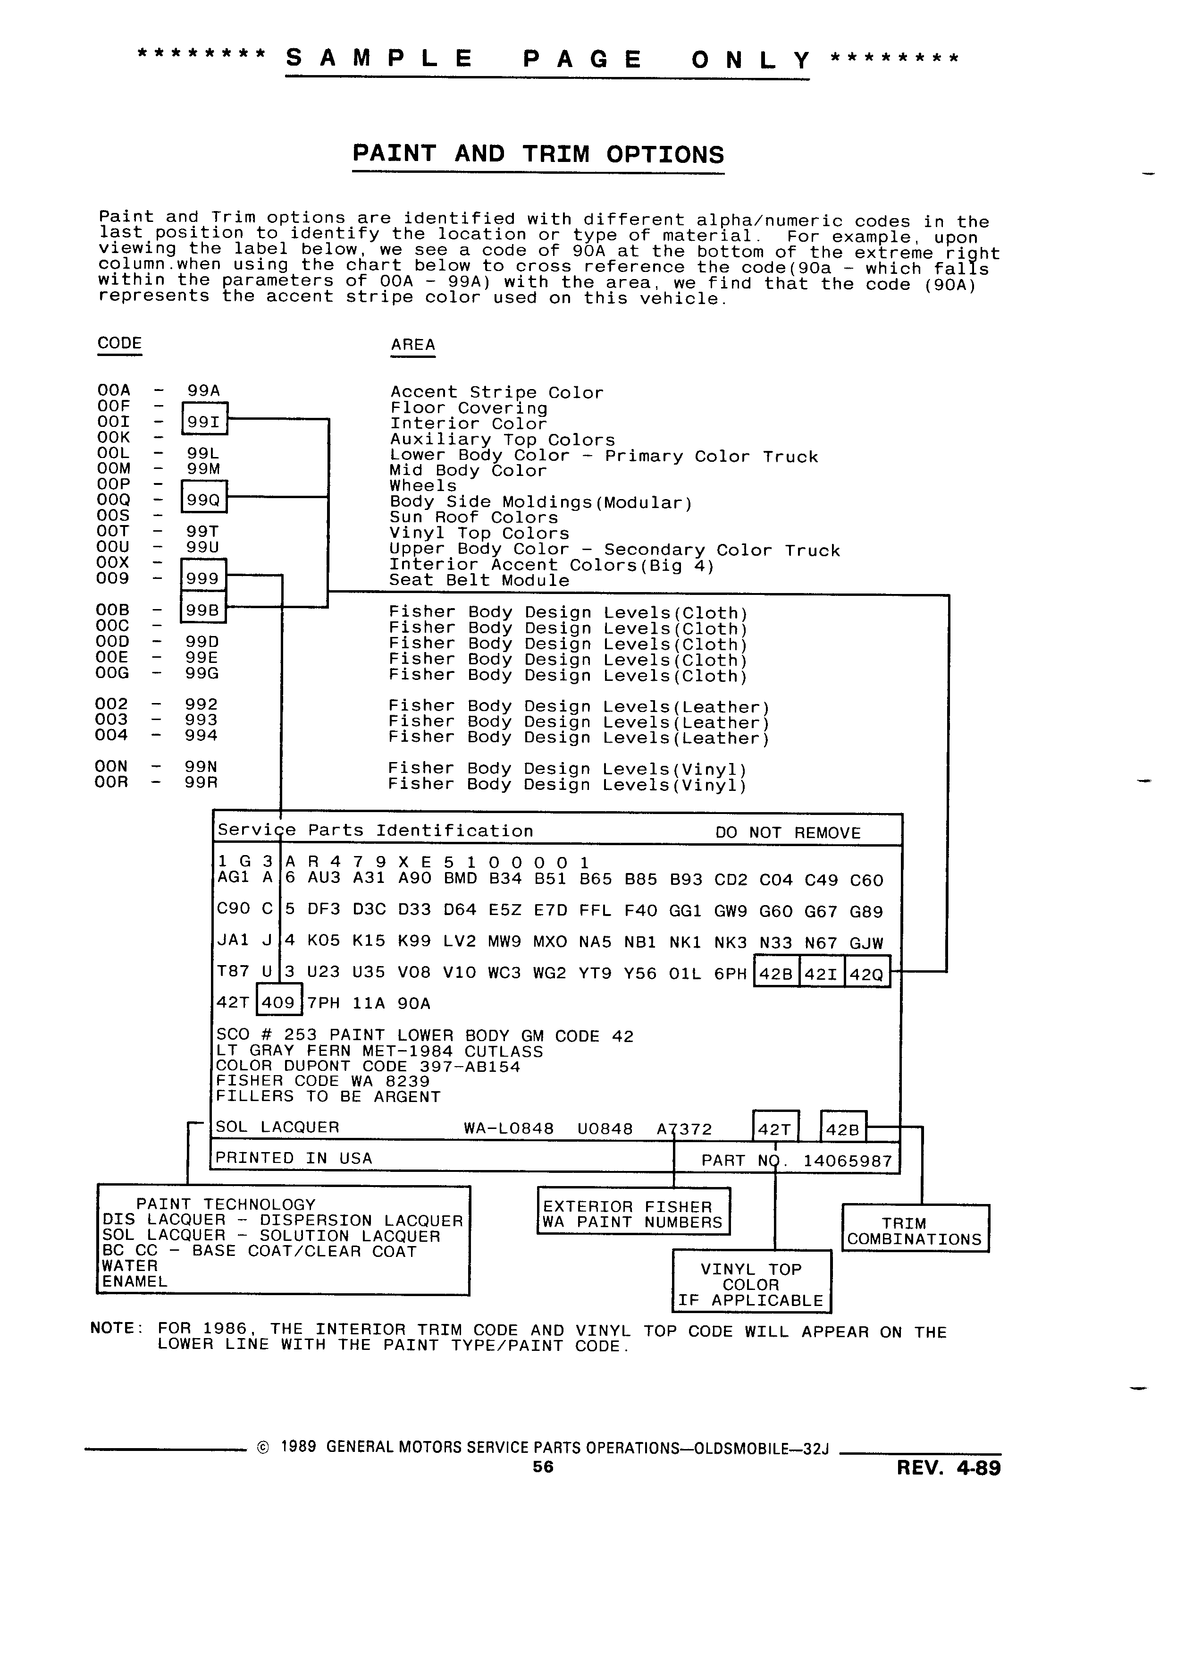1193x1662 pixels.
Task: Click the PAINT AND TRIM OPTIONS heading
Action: [538, 154]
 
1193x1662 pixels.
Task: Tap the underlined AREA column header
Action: [413, 345]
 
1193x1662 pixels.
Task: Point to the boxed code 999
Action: [203, 578]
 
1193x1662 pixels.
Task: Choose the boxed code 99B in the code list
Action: [203, 610]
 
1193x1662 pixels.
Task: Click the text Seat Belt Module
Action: [479, 581]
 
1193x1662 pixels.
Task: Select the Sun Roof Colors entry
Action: [473, 518]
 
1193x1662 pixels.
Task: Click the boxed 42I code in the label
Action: [822, 974]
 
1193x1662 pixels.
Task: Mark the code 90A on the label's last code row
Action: [414, 1003]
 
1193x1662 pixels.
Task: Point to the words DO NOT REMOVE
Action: [788, 833]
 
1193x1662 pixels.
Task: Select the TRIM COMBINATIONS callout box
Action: [916, 1228]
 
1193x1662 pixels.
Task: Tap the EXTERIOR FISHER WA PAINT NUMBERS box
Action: [633, 1211]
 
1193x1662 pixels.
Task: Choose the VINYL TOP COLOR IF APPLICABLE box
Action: [751, 1281]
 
